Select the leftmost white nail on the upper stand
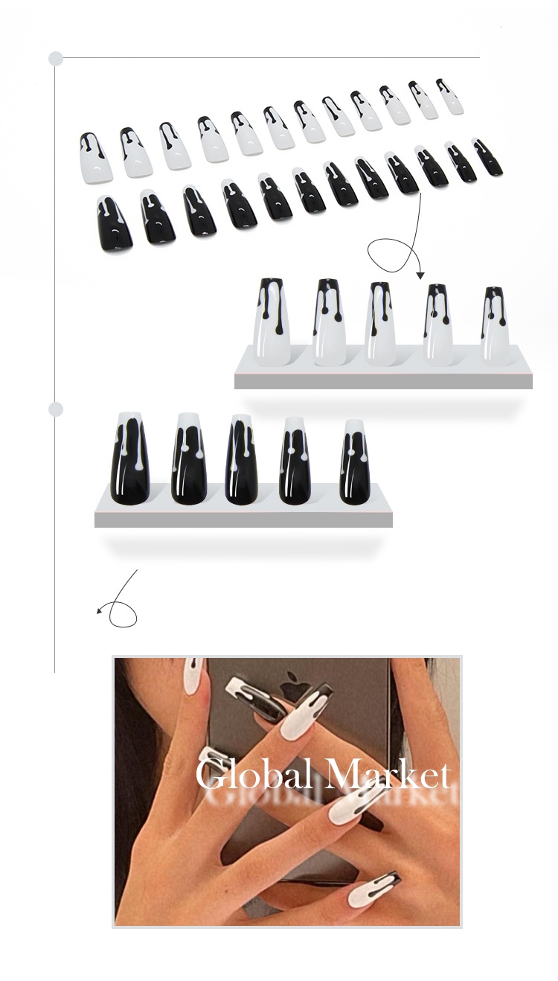tap(272, 322)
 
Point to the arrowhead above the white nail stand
tap(420, 275)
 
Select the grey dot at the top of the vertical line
tap(56, 58)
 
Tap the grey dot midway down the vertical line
tap(56, 409)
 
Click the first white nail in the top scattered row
tap(95, 158)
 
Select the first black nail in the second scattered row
tap(113, 224)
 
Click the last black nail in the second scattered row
tap(487, 157)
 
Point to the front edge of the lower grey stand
tap(243, 520)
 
